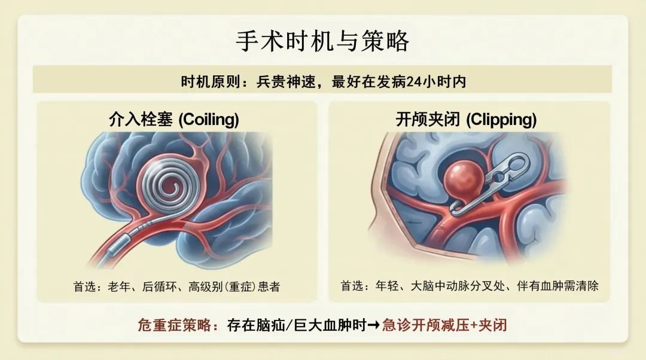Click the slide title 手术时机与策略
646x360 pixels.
pyautogui.click(x=322, y=42)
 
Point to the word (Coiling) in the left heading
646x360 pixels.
pyautogui.click(x=209, y=120)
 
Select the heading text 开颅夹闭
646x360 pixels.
pyautogui.click(x=428, y=120)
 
